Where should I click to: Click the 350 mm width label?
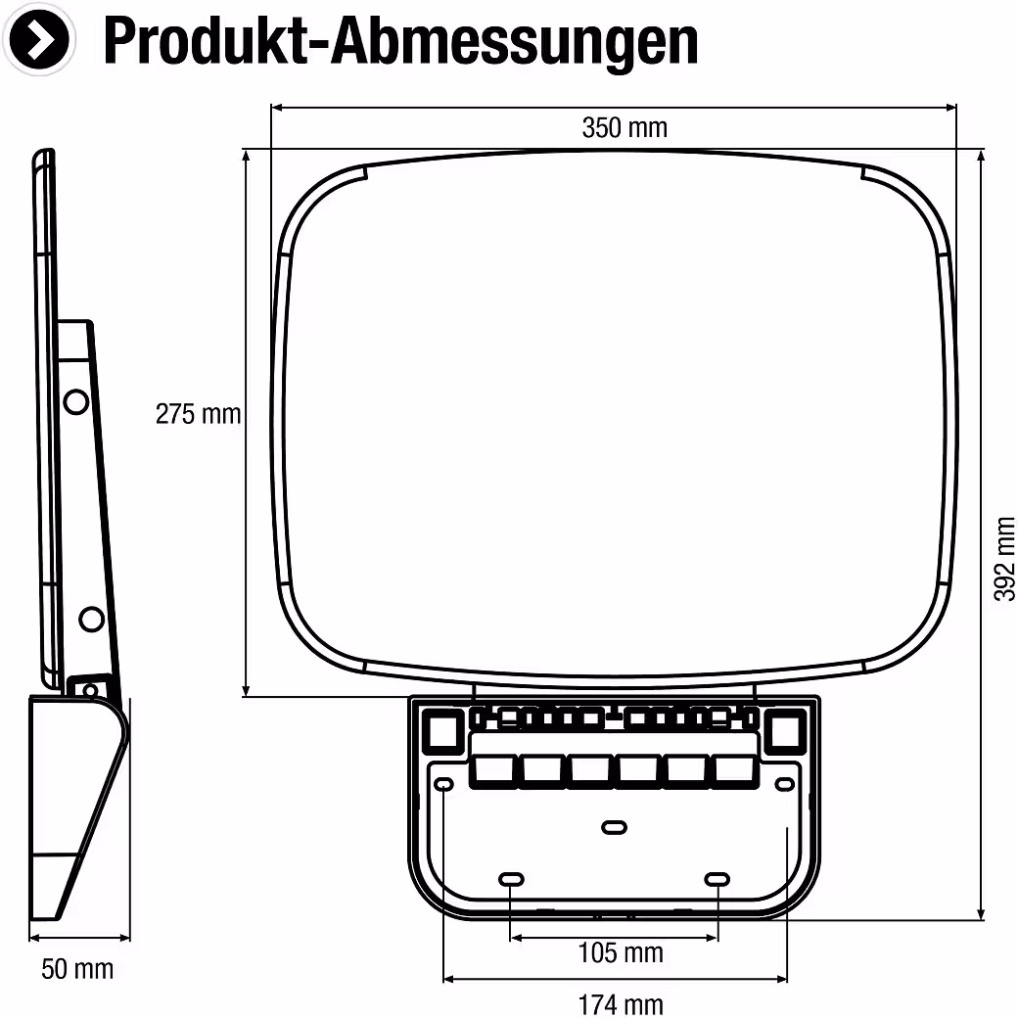tap(625, 128)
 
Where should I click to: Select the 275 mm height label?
tap(198, 414)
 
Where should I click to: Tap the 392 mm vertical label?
tap(1004, 559)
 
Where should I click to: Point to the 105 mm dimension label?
tap(621, 953)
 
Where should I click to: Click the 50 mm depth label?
tap(77, 969)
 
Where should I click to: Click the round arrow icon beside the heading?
tap(39, 39)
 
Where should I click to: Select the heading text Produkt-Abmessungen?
tap(400, 41)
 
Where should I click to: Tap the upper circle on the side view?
tap(76, 402)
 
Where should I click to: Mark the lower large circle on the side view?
tap(91, 619)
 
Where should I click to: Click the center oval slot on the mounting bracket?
tap(614, 827)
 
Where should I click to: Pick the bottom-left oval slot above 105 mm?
tap(511, 880)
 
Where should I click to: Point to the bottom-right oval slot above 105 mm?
tap(717, 880)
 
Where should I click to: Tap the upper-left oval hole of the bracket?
tap(442, 784)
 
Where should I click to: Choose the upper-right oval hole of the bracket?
tap(785, 784)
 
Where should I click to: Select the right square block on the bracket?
tap(785, 731)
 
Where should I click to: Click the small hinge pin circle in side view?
tap(90, 689)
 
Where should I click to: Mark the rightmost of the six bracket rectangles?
tap(734, 770)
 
